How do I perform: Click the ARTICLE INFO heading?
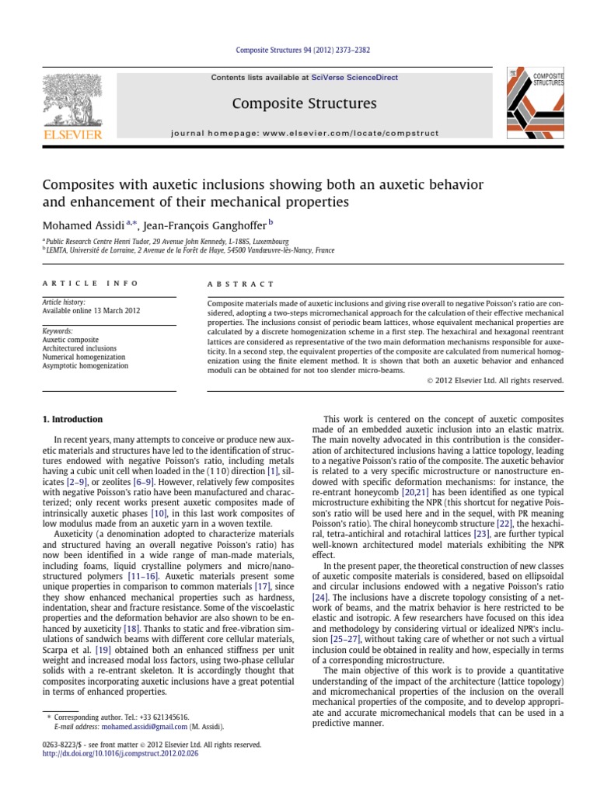(90, 284)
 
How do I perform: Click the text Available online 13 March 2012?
(91, 311)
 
